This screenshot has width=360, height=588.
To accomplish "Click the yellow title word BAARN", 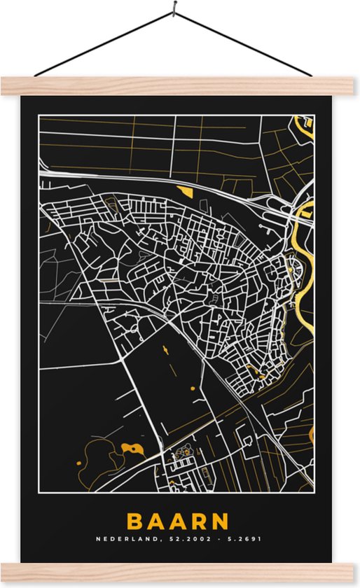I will coord(178,521).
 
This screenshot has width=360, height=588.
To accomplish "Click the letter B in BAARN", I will coord(134,521).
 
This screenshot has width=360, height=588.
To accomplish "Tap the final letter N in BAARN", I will coord(221,521).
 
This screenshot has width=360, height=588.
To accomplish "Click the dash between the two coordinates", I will coord(211,540).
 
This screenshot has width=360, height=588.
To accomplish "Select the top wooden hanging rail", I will coord(180,86).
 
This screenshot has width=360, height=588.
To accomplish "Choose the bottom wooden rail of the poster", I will coord(180,571).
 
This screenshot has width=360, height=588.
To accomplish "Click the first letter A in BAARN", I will coord(155,521).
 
